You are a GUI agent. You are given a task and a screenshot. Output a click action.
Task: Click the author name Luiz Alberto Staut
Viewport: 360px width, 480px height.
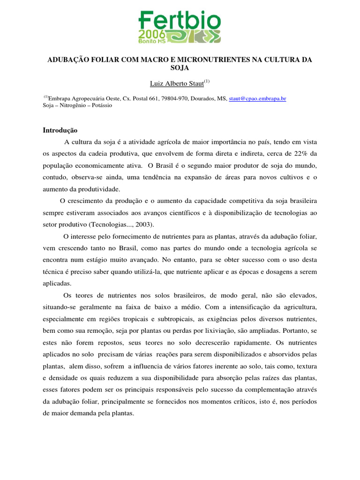pyautogui.click(x=177, y=83)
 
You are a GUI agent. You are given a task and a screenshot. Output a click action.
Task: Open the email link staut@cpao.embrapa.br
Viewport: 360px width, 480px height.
pyautogui.click(x=257, y=98)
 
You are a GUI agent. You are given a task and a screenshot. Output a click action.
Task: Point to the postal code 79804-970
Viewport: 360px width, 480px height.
pyautogui.click(x=175, y=98)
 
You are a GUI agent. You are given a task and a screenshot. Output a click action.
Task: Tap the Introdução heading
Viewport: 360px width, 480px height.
pyautogui.click(x=60, y=130)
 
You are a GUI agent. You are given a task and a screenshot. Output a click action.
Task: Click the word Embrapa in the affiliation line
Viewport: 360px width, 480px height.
pyautogui.click(x=61, y=98)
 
